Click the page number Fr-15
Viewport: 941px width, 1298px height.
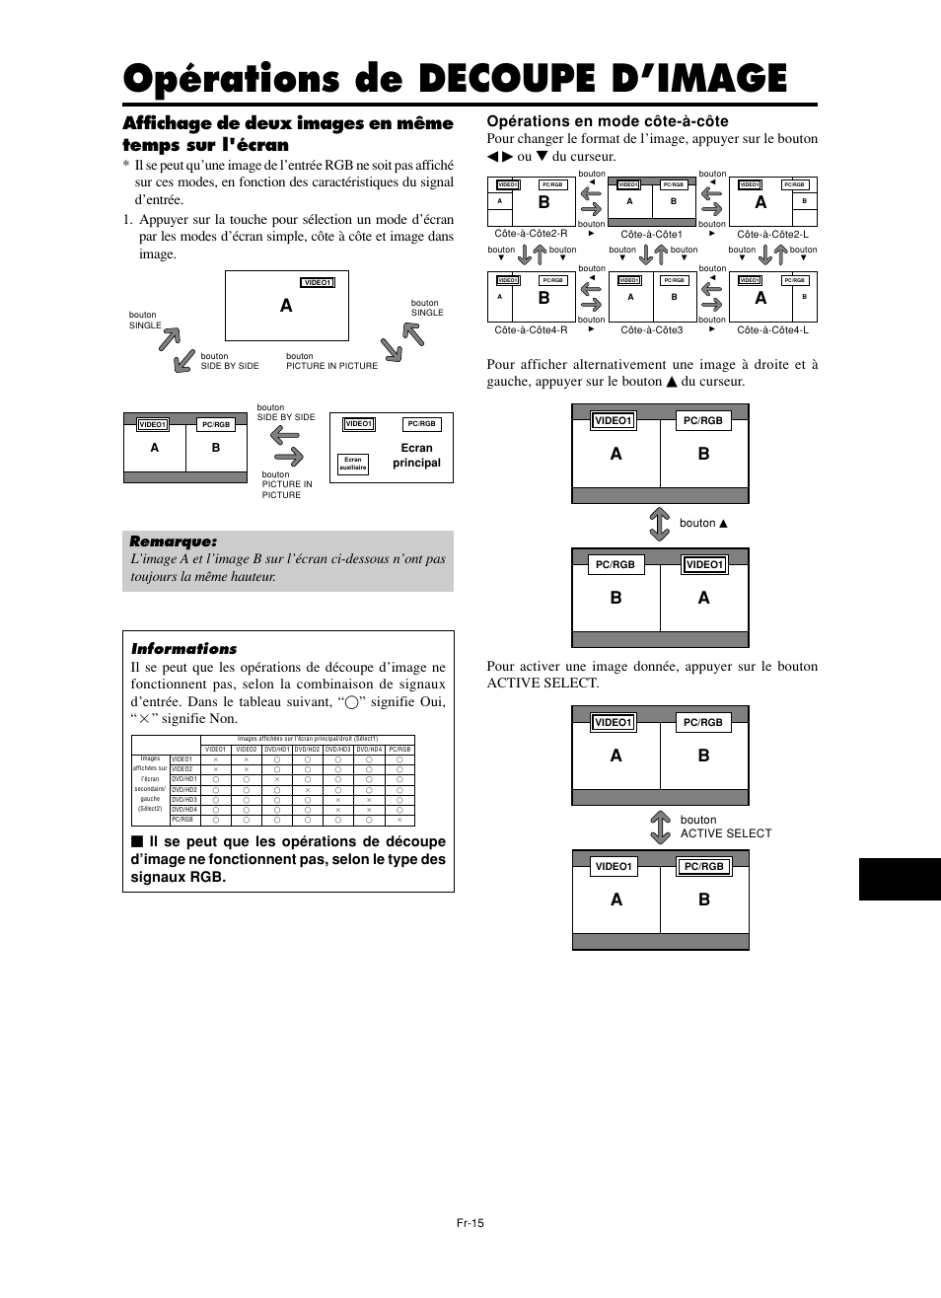(x=470, y=1223)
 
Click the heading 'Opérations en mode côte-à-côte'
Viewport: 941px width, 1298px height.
(x=607, y=121)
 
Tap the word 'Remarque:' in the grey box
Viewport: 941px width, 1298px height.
(x=173, y=541)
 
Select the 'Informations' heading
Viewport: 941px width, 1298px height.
(x=183, y=649)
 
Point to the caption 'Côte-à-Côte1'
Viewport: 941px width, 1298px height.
(x=651, y=235)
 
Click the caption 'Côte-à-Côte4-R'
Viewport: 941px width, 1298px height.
(x=531, y=330)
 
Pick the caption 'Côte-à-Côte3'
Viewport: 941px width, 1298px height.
(x=651, y=330)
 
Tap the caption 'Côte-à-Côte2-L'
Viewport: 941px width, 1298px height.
(x=772, y=235)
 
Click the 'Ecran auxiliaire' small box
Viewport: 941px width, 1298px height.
(x=352, y=464)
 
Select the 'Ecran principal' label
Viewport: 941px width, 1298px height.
(x=416, y=455)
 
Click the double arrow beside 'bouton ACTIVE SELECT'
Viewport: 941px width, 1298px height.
(x=660, y=827)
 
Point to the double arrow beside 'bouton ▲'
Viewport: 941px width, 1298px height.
(x=659, y=524)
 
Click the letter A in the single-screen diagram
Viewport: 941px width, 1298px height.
(x=286, y=306)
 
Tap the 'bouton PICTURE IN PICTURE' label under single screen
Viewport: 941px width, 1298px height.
(x=331, y=361)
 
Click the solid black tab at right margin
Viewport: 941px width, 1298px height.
(x=899, y=879)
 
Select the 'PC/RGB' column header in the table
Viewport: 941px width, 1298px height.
(x=399, y=750)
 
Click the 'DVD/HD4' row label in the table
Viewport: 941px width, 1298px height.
(x=184, y=810)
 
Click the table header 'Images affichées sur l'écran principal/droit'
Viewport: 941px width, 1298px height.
(x=307, y=739)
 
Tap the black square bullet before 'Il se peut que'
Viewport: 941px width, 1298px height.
(x=137, y=842)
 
